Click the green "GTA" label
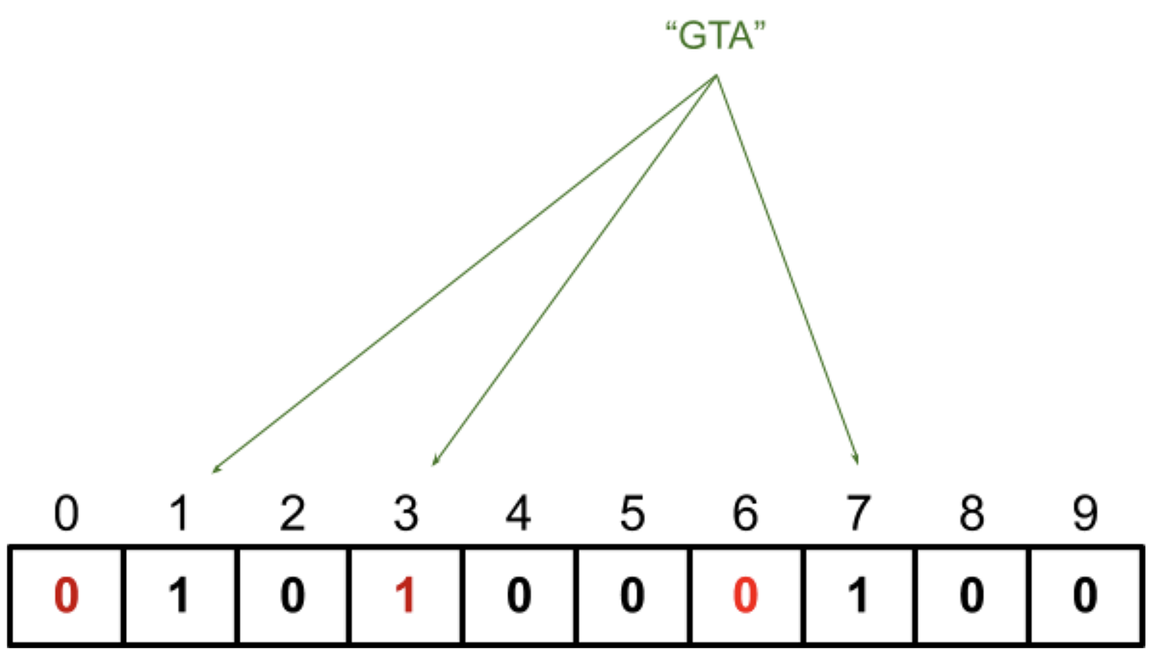tap(716, 35)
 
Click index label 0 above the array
tap(67, 513)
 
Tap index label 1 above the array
tap(180, 513)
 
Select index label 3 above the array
tap(406, 513)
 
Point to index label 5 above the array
tap(633, 513)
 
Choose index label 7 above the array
tap(858, 513)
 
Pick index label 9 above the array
tap(1085, 513)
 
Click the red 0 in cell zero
tap(67, 596)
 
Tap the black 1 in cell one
tap(180, 596)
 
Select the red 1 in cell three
tap(405, 596)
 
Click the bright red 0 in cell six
tap(745, 596)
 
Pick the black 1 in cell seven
tap(858, 596)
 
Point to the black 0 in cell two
tap(292, 596)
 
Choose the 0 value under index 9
tap(1085, 596)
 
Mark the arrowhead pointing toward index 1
tap(216, 469)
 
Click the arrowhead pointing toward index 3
tap(435, 461)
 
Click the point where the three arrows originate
tap(717, 76)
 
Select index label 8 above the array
tap(972, 513)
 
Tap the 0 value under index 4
tap(519, 596)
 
